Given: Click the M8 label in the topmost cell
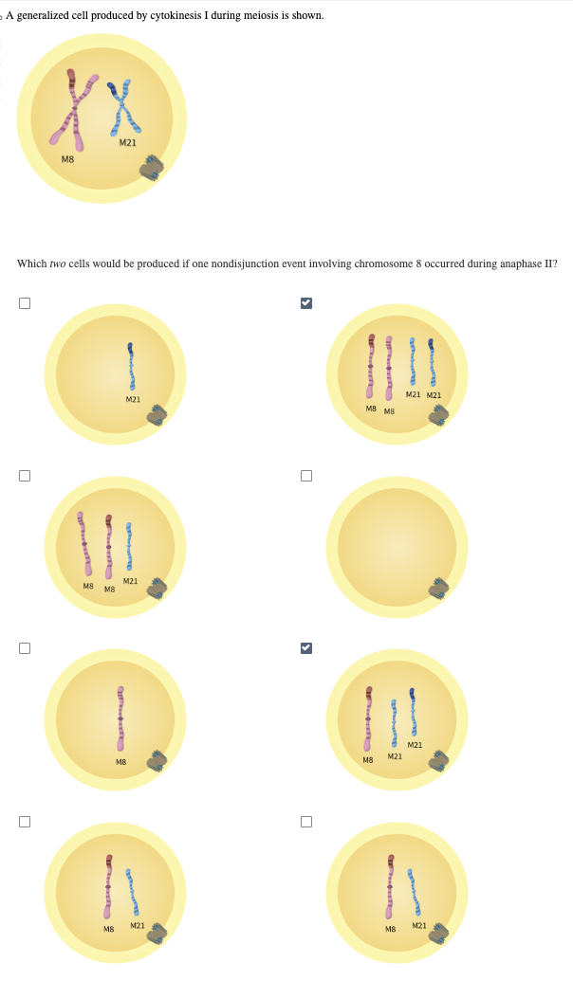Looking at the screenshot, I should coord(67,159).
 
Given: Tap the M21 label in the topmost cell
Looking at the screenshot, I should coord(126,142).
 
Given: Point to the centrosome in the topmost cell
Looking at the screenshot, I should coord(153,170).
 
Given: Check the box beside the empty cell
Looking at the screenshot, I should coord(305,476).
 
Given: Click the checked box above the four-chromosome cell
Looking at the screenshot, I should coord(305,303).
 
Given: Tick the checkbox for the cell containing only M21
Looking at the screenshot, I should coord(25,303).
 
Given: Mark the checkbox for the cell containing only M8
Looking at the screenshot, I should coord(25,648).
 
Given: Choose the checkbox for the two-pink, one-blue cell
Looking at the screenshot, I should coord(25,476).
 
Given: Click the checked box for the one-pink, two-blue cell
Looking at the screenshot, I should coord(305,648).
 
